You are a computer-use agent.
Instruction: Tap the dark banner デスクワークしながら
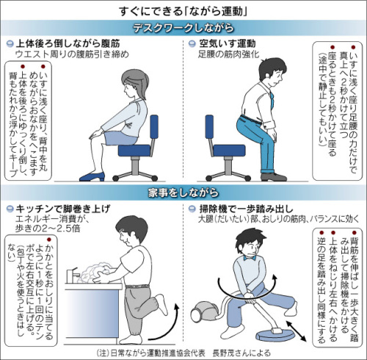[x=183, y=28]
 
